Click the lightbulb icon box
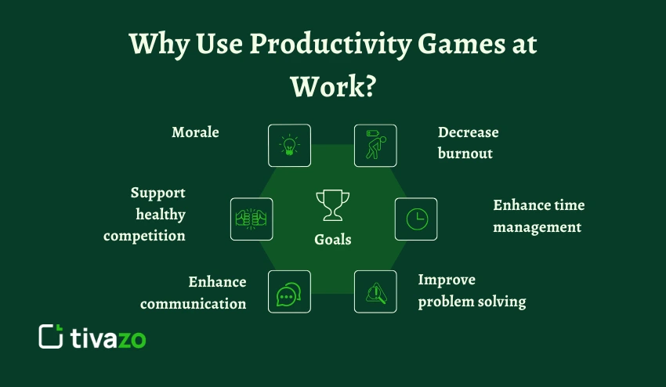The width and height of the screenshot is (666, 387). pyautogui.click(x=289, y=145)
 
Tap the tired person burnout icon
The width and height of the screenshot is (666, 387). pyautogui.click(x=375, y=145)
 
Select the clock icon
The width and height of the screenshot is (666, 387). pyautogui.click(x=416, y=219)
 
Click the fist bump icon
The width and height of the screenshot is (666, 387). pyautogui.click(x=252, y=219)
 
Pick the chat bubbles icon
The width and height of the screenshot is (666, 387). pyautogui.click(x=289, y=292)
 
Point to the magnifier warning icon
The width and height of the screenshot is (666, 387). pyautogui.click(x=375, y=292)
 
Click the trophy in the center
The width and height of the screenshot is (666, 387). pyautogui.click(x=332, y=205)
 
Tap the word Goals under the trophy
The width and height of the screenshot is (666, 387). pyautogui.click(x=332, y=240)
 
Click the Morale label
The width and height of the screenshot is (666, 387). pyautogui.click(x=195, y=132)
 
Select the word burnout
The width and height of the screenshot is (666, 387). pyautogui.click(x=465, y=153)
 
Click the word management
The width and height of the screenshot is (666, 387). pyautogui.click(x=537, y=228)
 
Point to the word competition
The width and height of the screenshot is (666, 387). pyautogui.click(x=144, y=236)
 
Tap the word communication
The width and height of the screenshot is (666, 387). pyautogui.click(x=194, y=304)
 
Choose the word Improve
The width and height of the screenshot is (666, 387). pyautogui.click(x=447, y=280)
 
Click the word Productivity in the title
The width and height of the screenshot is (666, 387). pyautogui.click(x=330, y=45)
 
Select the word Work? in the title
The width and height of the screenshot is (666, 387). pyautogui.click(x=333, y=87)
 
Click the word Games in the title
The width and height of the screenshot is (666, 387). pyautogui.click(x=461, y=44)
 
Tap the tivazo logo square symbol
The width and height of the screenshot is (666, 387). pyautogui.click(x=51, y=336)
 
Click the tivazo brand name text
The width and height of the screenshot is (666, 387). pyautogui.click(x=108, y=338)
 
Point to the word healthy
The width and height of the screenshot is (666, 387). pyautogui.click(x=161, y=215)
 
